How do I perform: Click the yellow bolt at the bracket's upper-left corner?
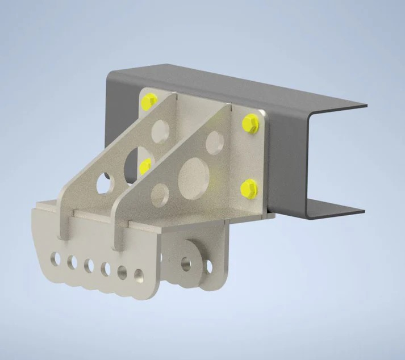pyautogui.click(x=149, y=101)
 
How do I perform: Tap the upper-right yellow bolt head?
pyautogui.click(x=250, y=123)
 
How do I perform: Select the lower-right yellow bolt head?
pyautogui.click(x=248, y=188)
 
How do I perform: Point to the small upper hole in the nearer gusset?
pyautogui.click(x=214, y=139)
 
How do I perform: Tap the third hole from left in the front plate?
pyautogui.click(x=89, y=265)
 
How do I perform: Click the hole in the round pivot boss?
pyautogui.click(x=186, y=262)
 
